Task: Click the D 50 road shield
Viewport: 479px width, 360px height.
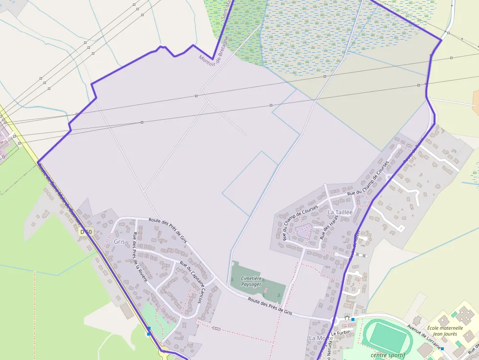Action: pyautogui.click(x=86, y=232)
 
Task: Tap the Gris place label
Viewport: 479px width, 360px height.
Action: pyautogui.click(x=119, y=242)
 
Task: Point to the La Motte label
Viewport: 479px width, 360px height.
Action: pyautogui.click(x=321, y=338)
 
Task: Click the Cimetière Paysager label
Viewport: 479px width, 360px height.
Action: pyautogui.click(x=251, y=281)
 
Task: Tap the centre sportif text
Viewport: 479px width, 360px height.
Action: pyautogui.click(x=388, y=355)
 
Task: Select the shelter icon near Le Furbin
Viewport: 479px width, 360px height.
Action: pyautogui.click(x=347, y=318)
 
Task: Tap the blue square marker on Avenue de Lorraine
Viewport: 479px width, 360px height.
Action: pyautogui.click(x=442, y=349)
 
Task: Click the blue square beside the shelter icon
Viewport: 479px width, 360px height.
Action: pyautogui.click(x=353, y=319)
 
